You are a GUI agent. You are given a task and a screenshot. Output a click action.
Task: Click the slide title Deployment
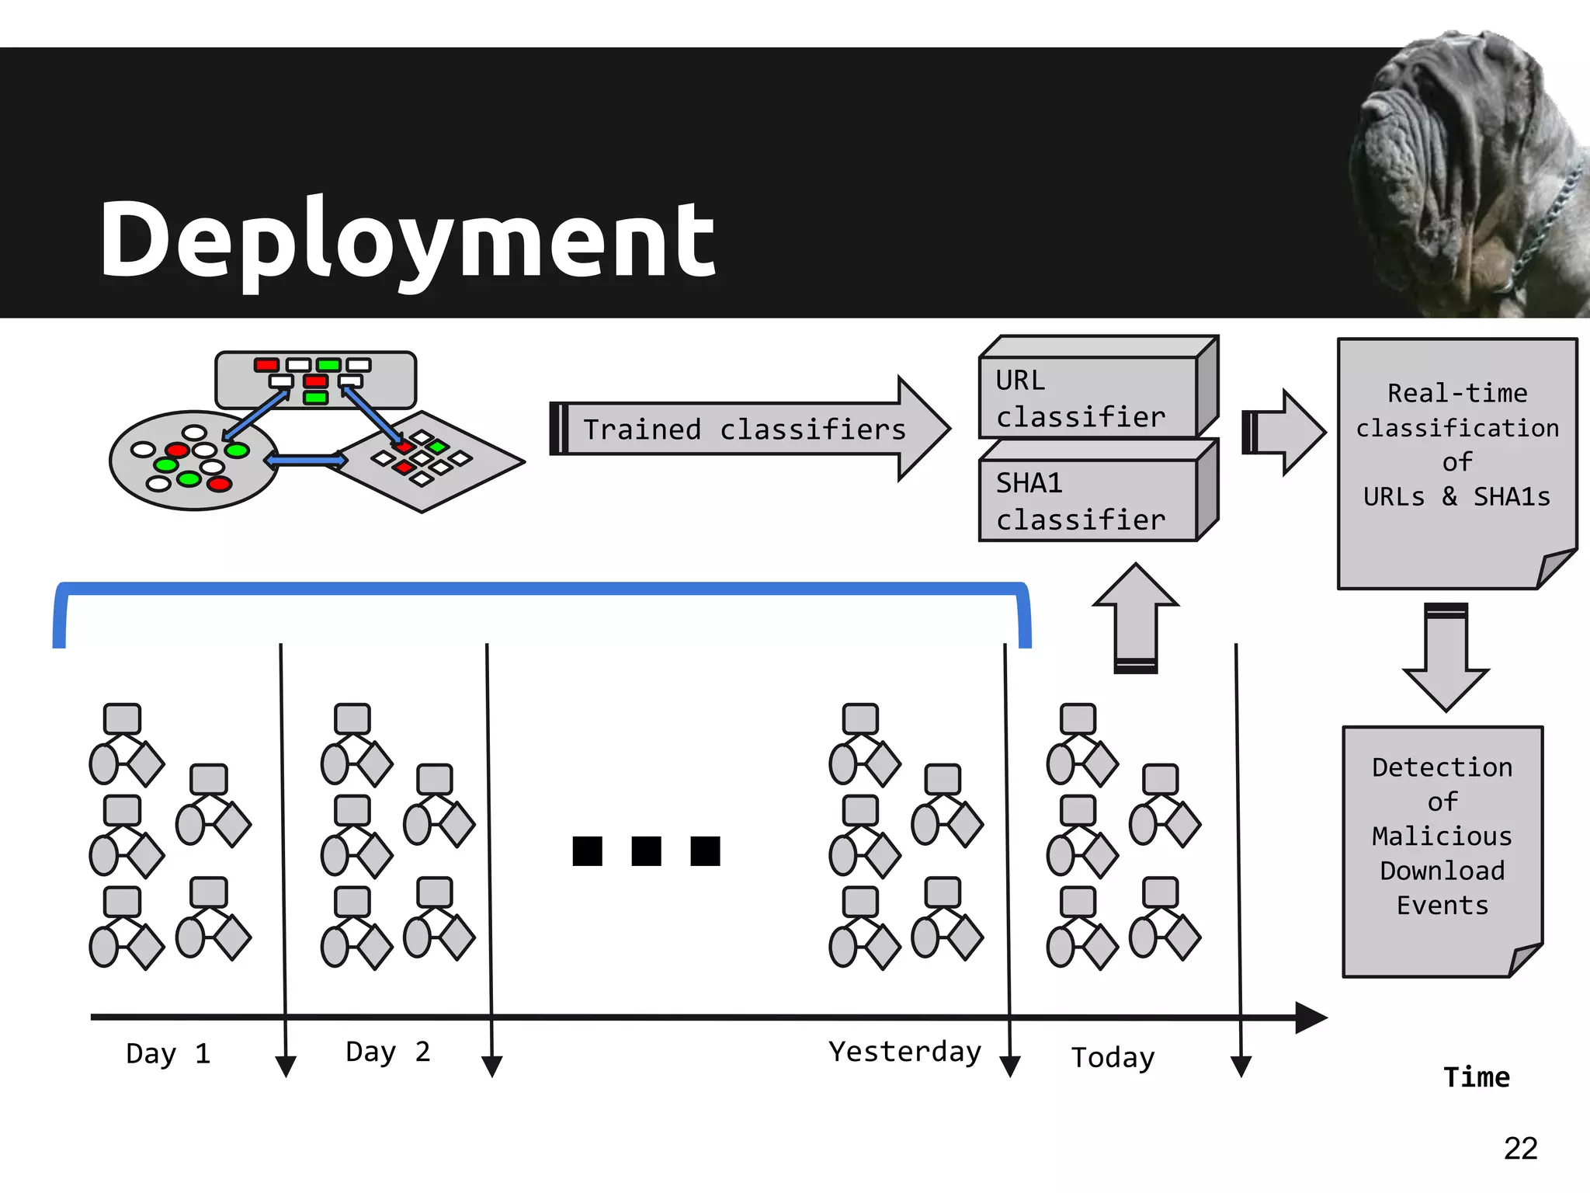tap(408, 238)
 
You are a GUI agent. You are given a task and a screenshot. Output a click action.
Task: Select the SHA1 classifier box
tap(1087, 500)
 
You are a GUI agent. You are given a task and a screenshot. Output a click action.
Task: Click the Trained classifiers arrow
tap(745, 429)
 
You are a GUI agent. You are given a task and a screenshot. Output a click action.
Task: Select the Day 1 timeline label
tap(168, 1054)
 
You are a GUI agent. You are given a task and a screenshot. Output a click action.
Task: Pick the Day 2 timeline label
tap(387, 1052)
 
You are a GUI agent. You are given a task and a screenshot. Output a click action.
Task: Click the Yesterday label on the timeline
tap(904, 1052)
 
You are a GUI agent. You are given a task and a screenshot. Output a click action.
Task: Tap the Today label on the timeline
tap(1113, 1057)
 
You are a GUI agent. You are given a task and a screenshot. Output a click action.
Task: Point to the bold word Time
tap(1476, 1077)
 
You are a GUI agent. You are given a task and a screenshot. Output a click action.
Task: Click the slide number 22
tap(1520, 1148)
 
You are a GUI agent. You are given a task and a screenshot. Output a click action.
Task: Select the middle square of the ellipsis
tap(646, 850)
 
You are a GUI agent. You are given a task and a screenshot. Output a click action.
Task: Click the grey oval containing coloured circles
tap(193, 461)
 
